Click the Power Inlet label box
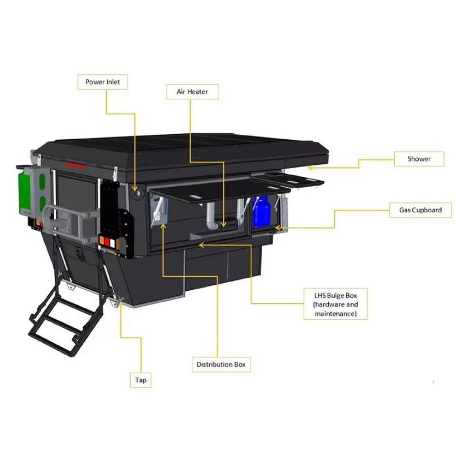point(103,82)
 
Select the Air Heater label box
point(192,91)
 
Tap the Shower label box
point(419,159)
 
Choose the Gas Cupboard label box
point(420,210)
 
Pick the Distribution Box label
point(221,364)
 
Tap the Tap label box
point(141,380)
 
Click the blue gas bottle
point(261,212)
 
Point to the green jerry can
point(25,192)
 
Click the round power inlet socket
point(137,194)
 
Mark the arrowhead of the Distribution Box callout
point(163,227)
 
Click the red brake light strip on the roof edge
point(76,165)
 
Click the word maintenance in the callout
point(335,314)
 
